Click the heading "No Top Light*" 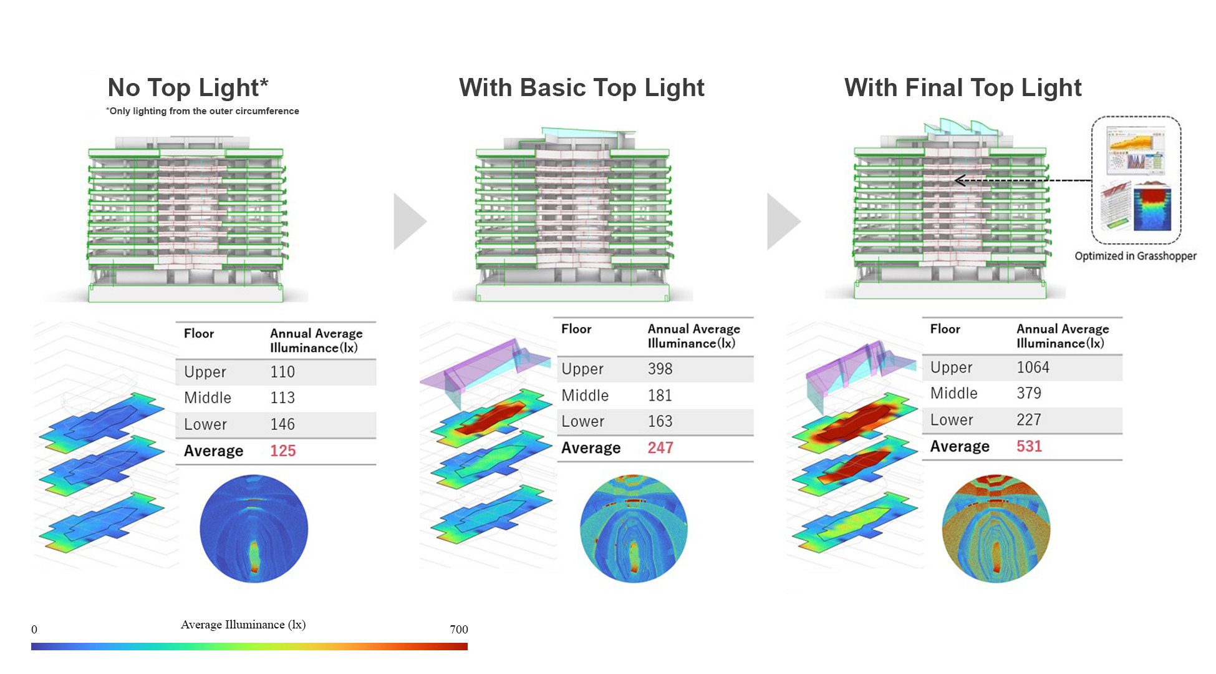[x=188, y=88]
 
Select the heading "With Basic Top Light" [x=582, y=88]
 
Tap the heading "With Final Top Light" [x=963, y=88]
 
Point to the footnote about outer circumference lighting [x=203, y=111]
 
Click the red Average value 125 [x=282, y=451]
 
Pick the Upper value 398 [x=660, y=369]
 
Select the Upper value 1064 [x=1033, y=367]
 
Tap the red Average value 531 [x=1029, y=446]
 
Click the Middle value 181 [x=660, y=395]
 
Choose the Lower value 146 [x=282, y=424]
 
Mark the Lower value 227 [x=1029, y=419]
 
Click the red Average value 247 [x=660, y=447]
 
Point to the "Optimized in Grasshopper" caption [x=1136, y=256]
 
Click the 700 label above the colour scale [x=459, y=629]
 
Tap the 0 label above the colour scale [x=34, y=629]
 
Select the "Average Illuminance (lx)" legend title [x=243, y=625]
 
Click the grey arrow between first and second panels [x=410, y=222]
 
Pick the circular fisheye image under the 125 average [x=254, y=529]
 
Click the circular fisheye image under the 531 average [x=996, y=529]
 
